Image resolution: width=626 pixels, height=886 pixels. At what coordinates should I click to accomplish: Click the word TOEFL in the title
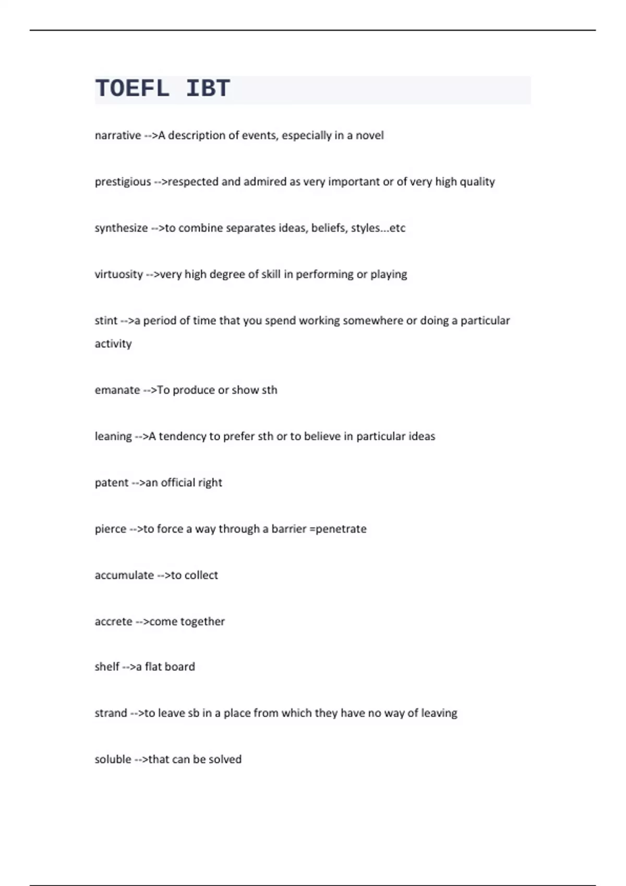(133, 89)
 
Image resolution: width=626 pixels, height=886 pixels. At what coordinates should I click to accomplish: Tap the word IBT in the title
(208, 89)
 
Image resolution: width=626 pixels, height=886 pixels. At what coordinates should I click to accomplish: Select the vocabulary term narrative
(118, 136)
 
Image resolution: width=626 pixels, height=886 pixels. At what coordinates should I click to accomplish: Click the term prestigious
(123, 182)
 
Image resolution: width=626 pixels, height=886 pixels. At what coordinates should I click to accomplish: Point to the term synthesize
(121, 228)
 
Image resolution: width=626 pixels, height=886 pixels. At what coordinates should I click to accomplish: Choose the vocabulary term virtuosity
(118, 274)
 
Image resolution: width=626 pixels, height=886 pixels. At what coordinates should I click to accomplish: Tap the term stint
(106, 321)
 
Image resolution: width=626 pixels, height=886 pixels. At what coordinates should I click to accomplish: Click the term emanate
(117, 390)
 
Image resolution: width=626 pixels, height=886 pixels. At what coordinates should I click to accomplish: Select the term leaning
(113, 436)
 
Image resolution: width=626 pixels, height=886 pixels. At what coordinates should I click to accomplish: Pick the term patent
(111, 483)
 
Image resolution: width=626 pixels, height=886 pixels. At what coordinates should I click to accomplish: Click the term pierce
(110, 529)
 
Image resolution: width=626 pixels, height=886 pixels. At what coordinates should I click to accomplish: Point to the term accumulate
(124, 575)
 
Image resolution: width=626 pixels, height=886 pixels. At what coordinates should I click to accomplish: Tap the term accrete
(113, 621)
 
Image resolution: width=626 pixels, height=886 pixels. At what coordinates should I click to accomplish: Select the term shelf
(107, 667)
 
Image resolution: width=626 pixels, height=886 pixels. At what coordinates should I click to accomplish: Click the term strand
(111, 713)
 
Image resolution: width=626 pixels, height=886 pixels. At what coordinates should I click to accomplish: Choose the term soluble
(113, 759)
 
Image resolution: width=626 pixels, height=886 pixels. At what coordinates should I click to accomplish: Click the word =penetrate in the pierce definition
(338, 529)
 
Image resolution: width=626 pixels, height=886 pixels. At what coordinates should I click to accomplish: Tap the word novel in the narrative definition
(369, 136)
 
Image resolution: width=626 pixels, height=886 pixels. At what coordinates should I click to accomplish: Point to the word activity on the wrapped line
(113, 344)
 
